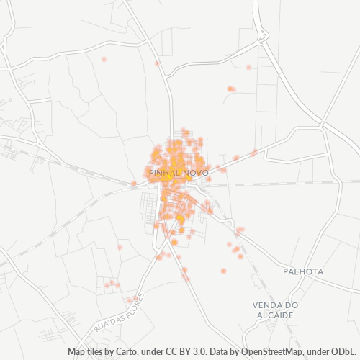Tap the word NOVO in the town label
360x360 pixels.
click(195, 174)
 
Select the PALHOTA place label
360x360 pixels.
click(304, 272)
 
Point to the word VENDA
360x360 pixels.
click(267, 305)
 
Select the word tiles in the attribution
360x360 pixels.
click(98, 352)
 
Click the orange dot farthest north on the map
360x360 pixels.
click(104, 59)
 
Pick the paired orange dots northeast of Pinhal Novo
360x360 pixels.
click(230, 89)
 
